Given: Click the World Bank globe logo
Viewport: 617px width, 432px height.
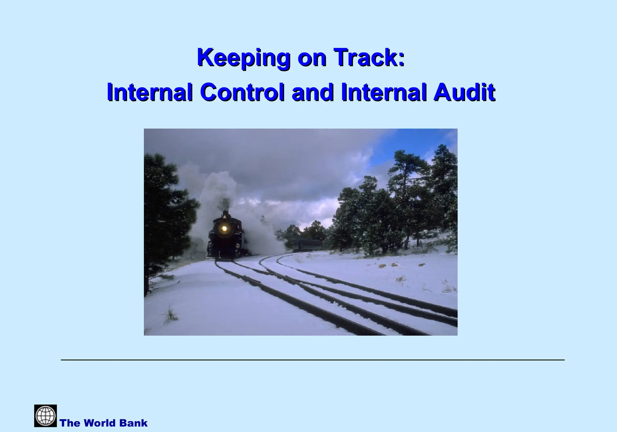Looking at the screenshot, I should (45, 416).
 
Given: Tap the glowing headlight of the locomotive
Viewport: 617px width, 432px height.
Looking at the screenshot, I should (224, 228).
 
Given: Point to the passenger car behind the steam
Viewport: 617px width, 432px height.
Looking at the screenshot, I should (307, 245).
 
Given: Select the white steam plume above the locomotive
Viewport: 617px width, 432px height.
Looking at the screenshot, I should (217, 187).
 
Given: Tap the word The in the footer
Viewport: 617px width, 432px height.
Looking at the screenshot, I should (70, 423).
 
